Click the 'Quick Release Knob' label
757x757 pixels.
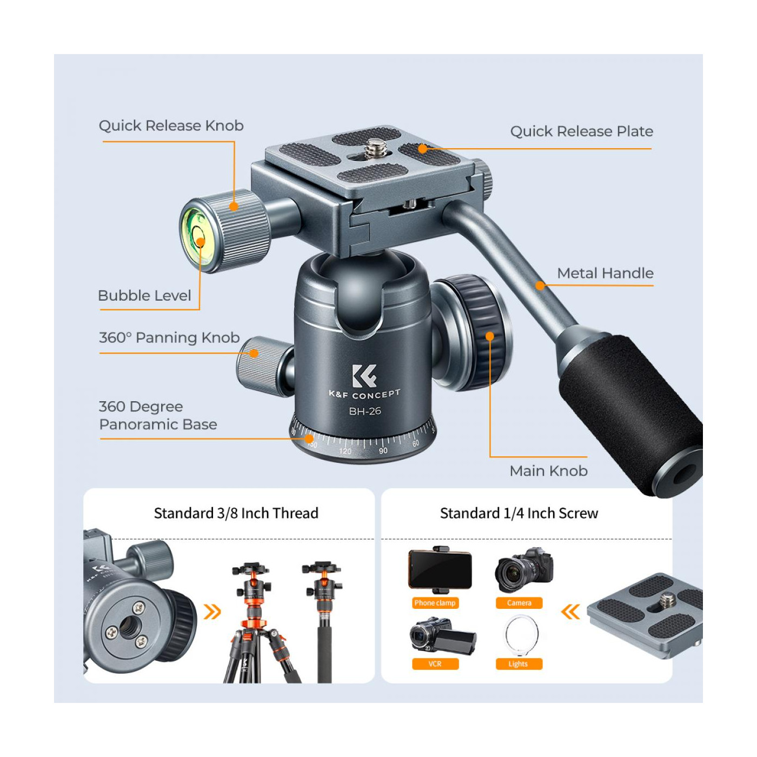point(171,125)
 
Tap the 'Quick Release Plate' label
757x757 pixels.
point(581,131)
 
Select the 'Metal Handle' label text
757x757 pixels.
point(605,273)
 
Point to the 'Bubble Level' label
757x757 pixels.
point(144,295)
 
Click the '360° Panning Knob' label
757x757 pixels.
point(169,337)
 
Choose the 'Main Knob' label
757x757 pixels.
point(548,470)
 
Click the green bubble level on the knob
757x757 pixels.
point(197,240)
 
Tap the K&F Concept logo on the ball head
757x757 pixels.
point(364,376)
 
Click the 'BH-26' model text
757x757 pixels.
point(365,411)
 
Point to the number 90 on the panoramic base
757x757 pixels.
point(383,450)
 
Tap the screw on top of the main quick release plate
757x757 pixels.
point(376,149)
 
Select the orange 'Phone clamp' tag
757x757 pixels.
point(435,602)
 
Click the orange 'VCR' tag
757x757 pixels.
point(435,663)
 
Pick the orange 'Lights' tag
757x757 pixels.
point(519,663)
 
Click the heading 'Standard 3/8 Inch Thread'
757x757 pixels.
point(236,514)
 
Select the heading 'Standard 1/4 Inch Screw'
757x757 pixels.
point(519,514)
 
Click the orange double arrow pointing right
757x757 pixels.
point(213,612)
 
